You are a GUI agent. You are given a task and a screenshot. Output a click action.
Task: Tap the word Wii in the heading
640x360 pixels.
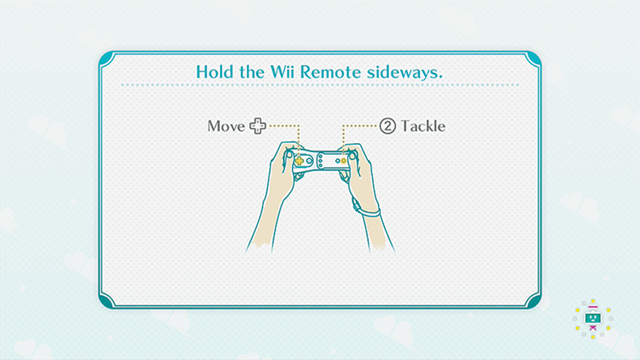(x=283, y=72)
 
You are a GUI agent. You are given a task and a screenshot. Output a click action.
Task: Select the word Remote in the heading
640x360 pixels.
(x=331, y=72)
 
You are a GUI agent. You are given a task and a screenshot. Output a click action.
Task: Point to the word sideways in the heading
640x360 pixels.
(x=404, y=73)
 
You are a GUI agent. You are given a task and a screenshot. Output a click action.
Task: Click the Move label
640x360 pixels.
(x=226, y=126)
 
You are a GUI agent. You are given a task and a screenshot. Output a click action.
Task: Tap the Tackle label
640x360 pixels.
(x=423, y=126)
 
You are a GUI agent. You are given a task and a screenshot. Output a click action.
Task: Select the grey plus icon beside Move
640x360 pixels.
(x=258, y=126)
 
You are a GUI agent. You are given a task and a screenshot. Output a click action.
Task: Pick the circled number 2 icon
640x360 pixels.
(x=388, y=126)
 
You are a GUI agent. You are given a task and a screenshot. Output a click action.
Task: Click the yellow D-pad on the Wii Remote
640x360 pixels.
(x=299, y=161)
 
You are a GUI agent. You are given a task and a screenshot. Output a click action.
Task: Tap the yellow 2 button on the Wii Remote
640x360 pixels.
(x=343, y=161)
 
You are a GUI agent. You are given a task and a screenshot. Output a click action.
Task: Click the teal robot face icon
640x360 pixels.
(x=593, y=318)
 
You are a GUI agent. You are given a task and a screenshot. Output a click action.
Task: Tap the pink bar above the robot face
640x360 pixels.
(x=593, y=307)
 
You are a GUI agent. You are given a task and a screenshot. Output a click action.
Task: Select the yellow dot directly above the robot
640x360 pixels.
(x=593, y=301)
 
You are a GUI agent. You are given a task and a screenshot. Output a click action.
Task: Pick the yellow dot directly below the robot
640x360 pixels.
(x=593, y=337)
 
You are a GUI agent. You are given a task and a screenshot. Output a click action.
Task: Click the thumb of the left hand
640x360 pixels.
(x=290, y=154)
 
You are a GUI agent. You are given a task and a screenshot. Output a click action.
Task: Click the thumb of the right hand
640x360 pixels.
(x=352, y=155)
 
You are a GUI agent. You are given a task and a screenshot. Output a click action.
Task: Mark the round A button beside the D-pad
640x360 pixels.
(x=309, y=161)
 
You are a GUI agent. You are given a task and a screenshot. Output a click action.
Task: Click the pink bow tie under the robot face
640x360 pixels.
(x=593, y=328)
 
